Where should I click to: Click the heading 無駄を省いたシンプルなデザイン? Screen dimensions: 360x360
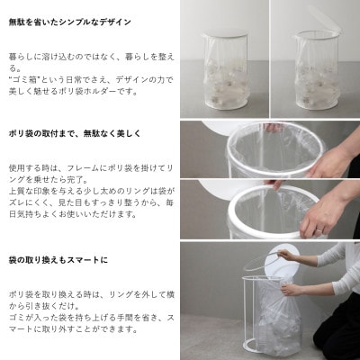(69, 21)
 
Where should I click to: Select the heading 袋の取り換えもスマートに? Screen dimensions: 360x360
(58, 260)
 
